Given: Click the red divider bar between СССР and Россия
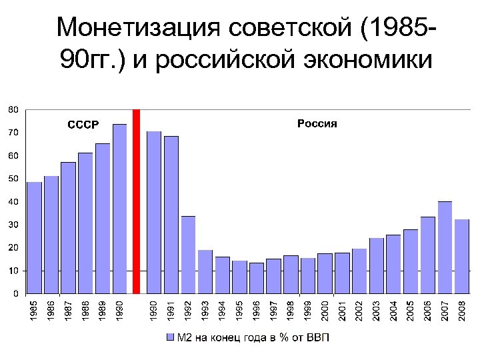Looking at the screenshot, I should click(x=136, y=201).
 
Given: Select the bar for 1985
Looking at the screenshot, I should click(x=34, y=237).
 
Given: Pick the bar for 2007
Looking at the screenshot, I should click(x=445, y=247).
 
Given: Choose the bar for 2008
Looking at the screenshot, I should click(x=462, y=256).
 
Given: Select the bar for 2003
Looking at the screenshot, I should click(x=377, y=265).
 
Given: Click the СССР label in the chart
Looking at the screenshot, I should click(x=83, y=124).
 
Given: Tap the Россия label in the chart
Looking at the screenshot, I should click(x=317, y=123).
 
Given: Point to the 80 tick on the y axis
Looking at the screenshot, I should click(x=13, y=109).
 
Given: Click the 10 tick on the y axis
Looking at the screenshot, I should click(x=13, y=271).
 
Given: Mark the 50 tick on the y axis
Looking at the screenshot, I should click(x=13, y=179).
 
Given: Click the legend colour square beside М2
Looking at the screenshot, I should click(x=170, y=338).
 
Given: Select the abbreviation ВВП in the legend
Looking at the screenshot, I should click(x=317, y=338).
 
